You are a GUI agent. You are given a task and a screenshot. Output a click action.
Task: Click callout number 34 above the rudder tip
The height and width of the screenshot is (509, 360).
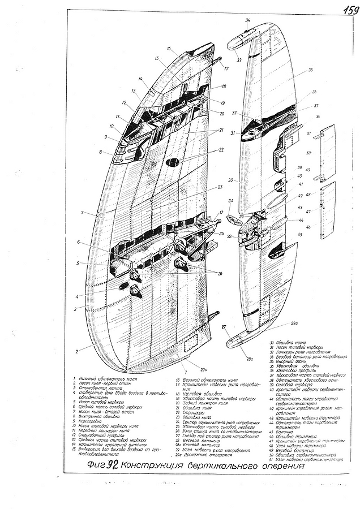pos(247,20)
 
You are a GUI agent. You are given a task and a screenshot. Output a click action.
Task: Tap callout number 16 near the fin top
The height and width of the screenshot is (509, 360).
pos(169,49)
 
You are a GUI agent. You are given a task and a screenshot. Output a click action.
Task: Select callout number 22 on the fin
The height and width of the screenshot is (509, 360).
pos(222,150)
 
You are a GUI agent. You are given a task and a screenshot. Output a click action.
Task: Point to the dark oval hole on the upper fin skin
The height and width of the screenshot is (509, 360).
pos(173,162)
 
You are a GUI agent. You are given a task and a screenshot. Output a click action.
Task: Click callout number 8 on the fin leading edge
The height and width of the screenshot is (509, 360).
pos(101,152)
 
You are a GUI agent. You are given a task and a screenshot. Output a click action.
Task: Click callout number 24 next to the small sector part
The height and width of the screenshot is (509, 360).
pos(230,201)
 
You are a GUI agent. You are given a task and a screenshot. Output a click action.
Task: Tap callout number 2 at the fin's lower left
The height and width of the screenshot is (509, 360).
pos(76,351)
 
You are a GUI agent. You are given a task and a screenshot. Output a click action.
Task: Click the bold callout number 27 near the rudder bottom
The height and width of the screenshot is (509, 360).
pos(224,327)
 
